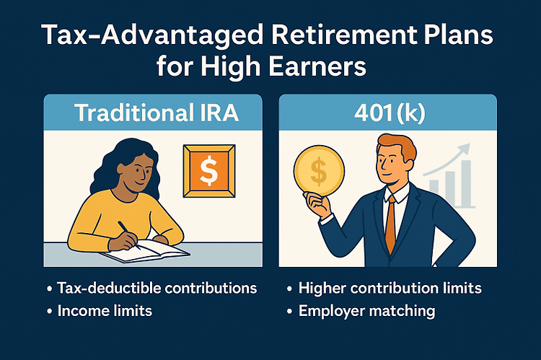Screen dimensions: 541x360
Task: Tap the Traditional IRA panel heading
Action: click(x=157, y=113)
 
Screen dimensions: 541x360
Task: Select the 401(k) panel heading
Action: click(x=390, y=113)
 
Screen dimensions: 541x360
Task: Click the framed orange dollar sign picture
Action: click(x=209, y=171)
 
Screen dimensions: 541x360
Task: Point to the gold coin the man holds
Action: click(x=319, y=170)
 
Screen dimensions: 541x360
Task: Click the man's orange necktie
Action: click(x=390, y=224)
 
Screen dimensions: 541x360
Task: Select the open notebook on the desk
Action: click(x=145, y=251)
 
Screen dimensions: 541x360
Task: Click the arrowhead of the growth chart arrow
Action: click(x=464, y=149)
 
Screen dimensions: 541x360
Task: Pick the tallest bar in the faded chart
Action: click(x=466, y=183)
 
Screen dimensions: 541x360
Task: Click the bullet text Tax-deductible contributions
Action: click(x=157, y=288)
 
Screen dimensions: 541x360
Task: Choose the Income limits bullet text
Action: click(x=105, y=311)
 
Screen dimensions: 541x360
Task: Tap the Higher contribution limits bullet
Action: click(x=390, y=288)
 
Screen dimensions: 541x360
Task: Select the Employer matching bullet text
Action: click(x=366, y=311)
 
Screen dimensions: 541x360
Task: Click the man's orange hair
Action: click(x=397, y=146)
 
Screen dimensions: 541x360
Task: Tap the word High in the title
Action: click(x=231, y=66)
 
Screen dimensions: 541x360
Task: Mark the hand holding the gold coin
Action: click(x=317, y=203)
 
